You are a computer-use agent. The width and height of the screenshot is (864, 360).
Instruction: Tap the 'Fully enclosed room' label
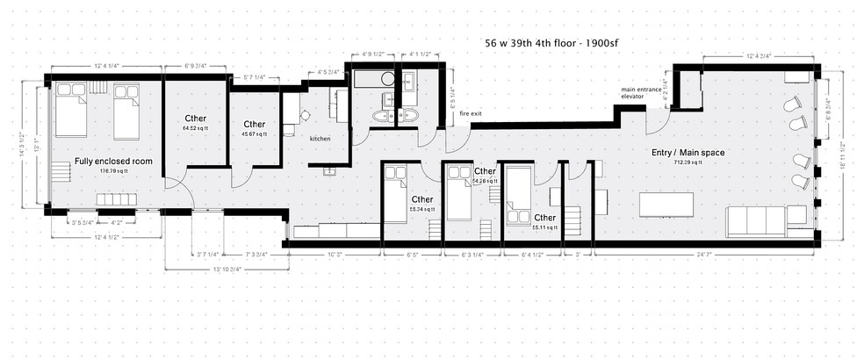[113, 162]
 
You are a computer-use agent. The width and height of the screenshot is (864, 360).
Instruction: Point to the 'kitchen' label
[320, 139]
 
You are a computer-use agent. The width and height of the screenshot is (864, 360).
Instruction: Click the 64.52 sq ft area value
[195, 128]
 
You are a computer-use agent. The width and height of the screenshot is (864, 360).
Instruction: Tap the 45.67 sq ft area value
[255, 133]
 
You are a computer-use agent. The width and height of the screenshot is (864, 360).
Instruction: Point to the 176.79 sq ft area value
[113, 171]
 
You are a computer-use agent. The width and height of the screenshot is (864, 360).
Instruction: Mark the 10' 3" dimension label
[334, 256]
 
